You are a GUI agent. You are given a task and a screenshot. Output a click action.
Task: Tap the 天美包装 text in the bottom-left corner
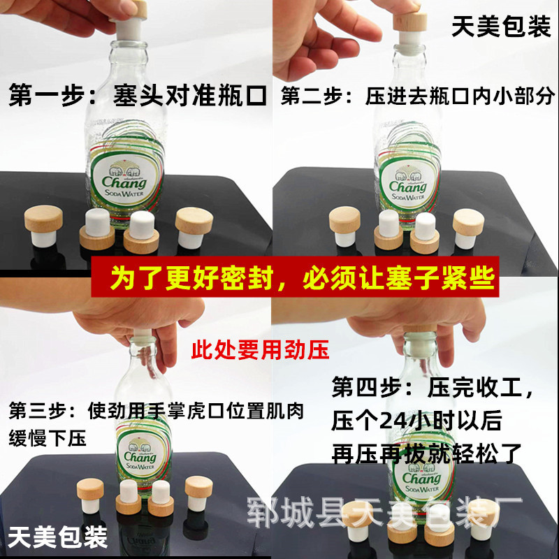click(x=58, y=537)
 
